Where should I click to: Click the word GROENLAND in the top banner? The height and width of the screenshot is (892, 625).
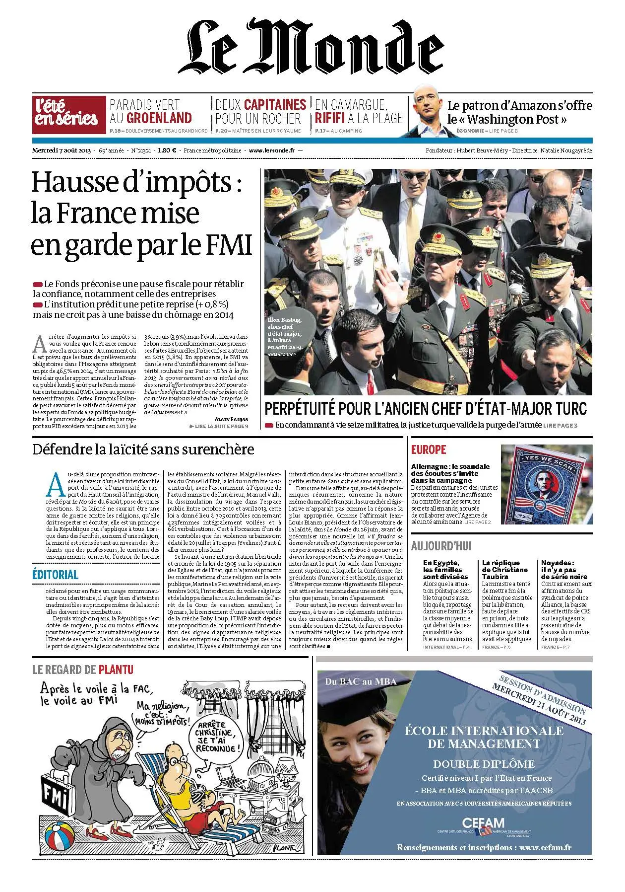[x=159, y=118]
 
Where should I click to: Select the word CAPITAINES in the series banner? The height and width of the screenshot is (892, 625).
[x=275, y=105]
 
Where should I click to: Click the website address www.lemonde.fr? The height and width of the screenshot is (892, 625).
[x=272, y=150]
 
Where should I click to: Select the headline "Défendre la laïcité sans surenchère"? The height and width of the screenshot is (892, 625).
[x=143, y=449]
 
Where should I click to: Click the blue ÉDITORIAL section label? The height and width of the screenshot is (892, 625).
[x=56, y=574]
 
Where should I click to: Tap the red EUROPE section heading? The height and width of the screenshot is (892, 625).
[x=429, y=449]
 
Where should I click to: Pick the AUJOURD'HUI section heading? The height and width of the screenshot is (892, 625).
[x=441, y=546]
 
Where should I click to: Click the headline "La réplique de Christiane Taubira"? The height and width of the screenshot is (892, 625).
[x=505, y=570]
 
